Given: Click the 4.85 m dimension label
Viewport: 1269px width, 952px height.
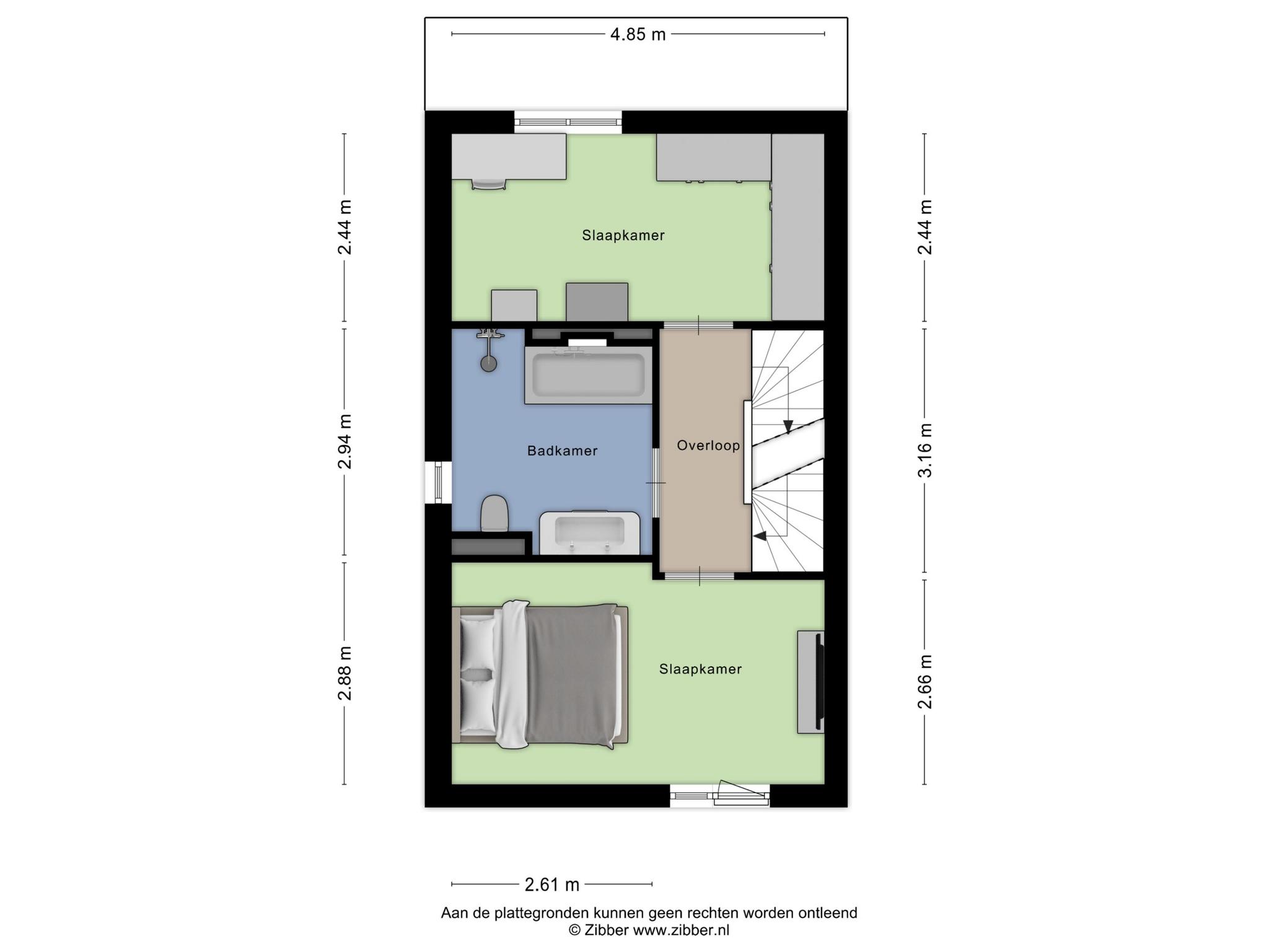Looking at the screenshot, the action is click(638, 34).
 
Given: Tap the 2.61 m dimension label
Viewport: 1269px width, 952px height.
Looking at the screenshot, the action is click(551, 884).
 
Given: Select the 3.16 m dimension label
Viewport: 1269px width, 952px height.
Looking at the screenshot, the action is click(925, 451).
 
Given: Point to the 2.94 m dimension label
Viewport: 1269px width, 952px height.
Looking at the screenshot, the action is click(345, 441).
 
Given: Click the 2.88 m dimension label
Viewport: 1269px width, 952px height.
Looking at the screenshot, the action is click(345, 673).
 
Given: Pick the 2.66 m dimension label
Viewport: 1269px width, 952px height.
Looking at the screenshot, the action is click(925, 682).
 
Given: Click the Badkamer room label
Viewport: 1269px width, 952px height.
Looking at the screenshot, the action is click(562, 451).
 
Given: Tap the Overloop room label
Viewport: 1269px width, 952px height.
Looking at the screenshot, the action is click(708, 446).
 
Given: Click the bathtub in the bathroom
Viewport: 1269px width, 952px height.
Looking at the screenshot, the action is click(588, 375).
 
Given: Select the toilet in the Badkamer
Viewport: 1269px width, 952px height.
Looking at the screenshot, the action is click(494, 513).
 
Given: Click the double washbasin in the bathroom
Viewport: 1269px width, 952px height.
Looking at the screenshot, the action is click(590, 532).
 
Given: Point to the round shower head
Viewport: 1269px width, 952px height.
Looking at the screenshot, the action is click(489, 364).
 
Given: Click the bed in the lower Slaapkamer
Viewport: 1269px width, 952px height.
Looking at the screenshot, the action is click(540, 675).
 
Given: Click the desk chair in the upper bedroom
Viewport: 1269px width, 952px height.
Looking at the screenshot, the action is click(489, 183).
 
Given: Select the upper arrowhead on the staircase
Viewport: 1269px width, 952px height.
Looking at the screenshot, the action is click(788, 426).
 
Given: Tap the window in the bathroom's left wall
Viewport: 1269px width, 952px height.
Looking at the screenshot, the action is click(438, 482).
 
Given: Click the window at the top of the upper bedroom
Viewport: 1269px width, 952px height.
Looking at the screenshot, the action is click(568, 122).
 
